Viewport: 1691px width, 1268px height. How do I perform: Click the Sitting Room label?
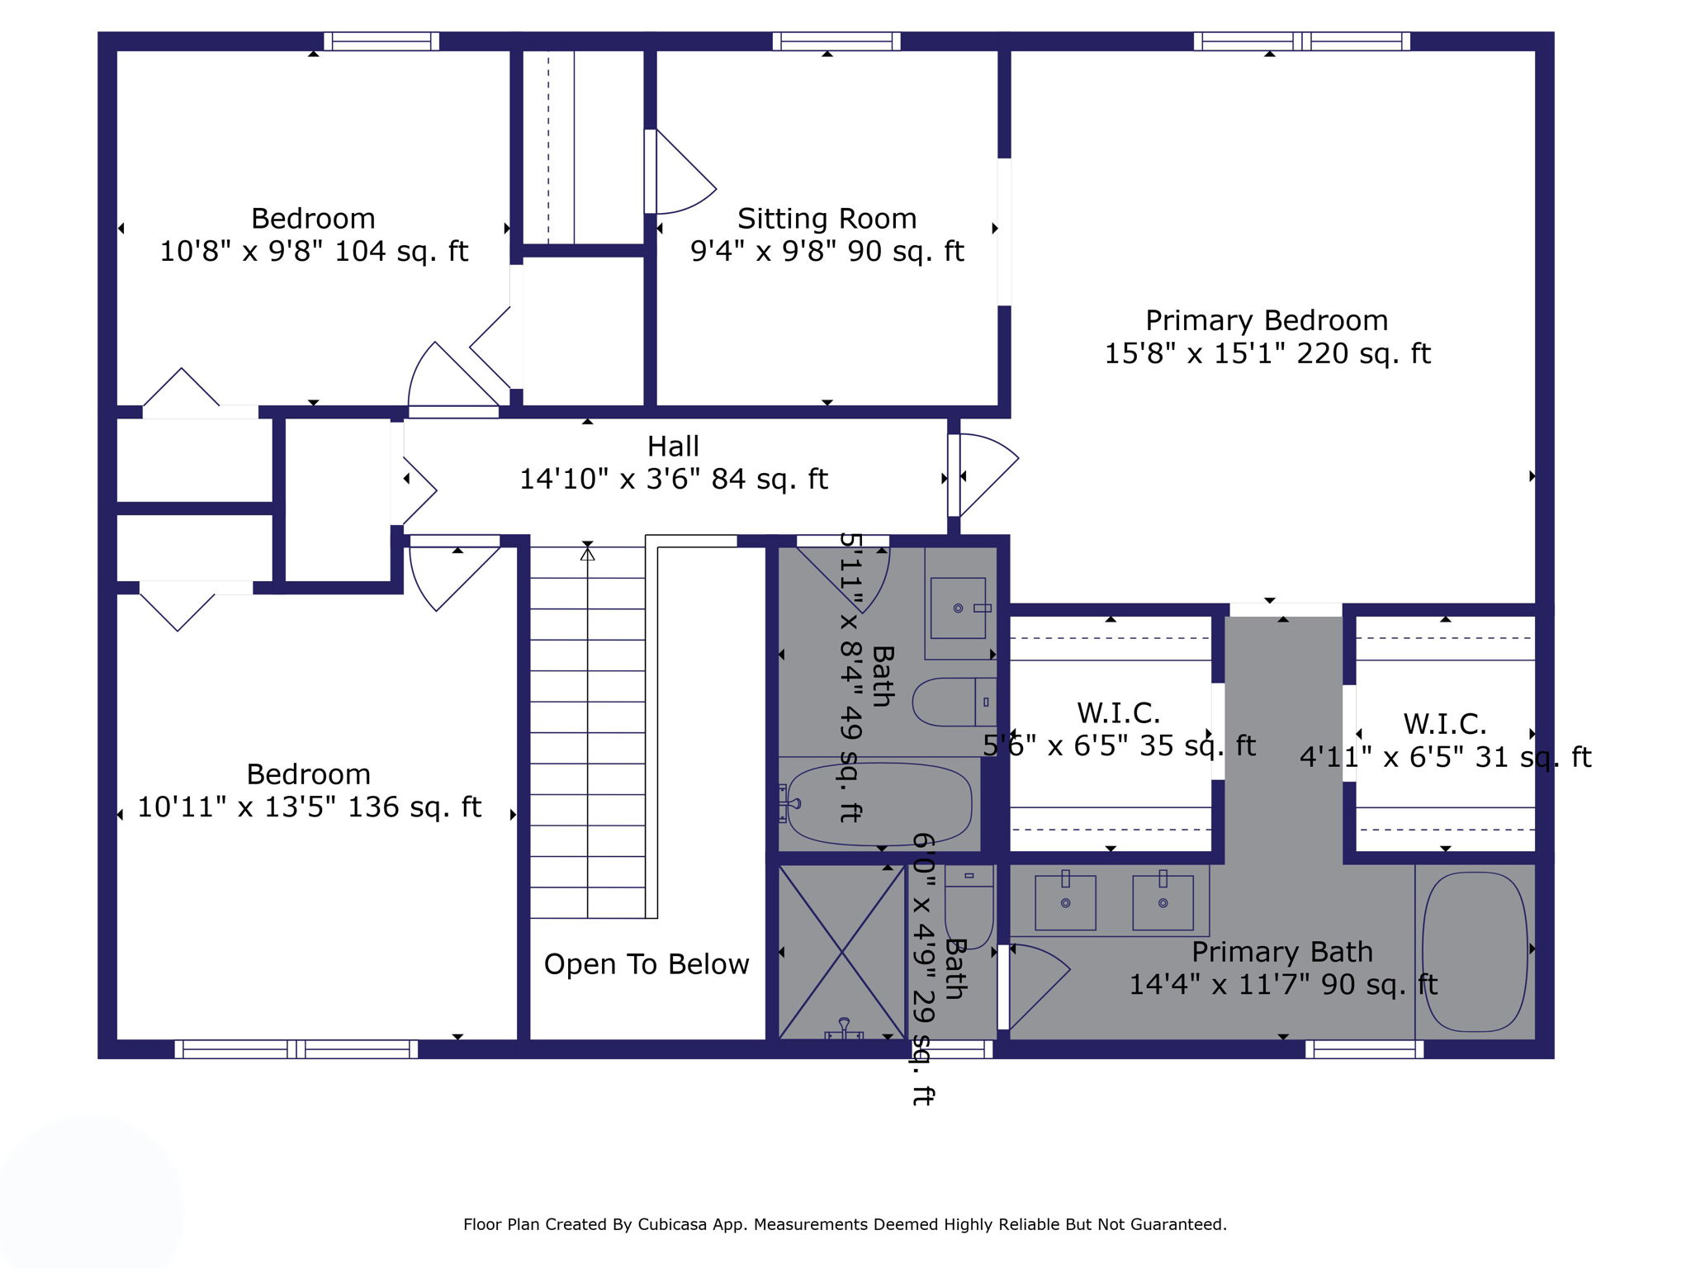coord(827,219)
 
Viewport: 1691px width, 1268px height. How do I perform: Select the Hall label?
coord(673,447)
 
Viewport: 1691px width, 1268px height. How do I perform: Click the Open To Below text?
coord(647,964)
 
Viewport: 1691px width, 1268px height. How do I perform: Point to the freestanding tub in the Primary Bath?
coord(1475,952)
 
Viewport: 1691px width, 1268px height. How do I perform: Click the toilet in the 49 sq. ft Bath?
coord(950,702)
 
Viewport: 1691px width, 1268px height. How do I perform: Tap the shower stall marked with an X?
coord(841,952)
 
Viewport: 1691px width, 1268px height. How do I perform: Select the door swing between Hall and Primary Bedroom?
coord(988,475)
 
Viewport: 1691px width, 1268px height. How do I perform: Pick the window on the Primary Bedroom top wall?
coord(1301,41)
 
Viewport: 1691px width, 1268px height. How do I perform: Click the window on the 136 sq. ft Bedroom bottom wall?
coord(296,1049)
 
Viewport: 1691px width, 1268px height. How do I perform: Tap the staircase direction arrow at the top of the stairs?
coord(587,554)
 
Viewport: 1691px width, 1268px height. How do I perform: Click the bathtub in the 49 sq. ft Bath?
coord(879,804)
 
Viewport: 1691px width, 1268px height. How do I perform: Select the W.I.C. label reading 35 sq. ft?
coord(1118,713)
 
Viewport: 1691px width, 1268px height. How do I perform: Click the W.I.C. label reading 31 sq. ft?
coord(1445,725)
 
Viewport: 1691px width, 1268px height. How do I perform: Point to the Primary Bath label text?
coord(1281,952)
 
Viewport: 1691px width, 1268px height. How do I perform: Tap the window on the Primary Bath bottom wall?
coord(1364,1049)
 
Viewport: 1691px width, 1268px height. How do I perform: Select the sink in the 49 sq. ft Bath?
coord(958,608)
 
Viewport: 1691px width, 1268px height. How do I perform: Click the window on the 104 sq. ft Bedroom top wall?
coord(381,41)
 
